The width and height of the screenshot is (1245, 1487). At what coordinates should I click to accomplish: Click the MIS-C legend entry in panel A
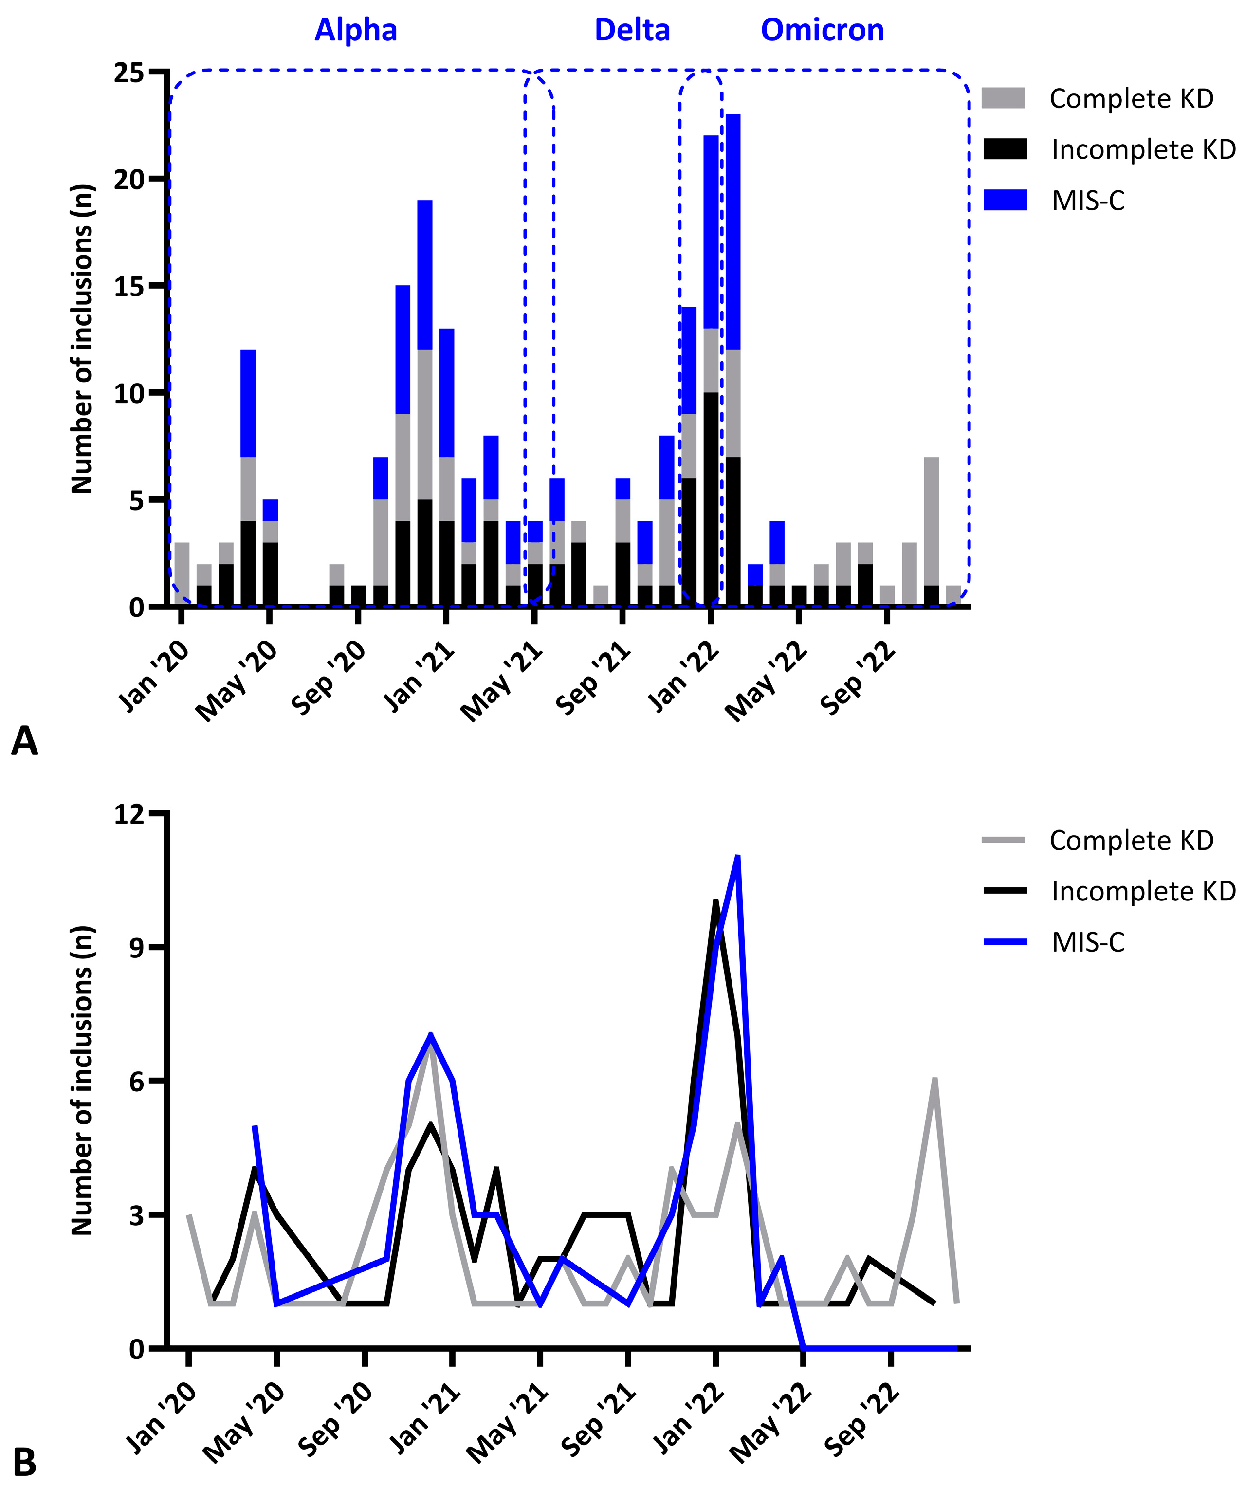[1087, 201]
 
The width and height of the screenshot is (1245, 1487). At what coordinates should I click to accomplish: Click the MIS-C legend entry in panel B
[1087, 942]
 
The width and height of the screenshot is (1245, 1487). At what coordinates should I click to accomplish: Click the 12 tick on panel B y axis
[129, 815]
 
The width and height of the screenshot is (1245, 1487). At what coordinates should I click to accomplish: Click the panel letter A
[25, 741]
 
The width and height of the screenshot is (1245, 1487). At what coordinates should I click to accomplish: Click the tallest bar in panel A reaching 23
[733, 354]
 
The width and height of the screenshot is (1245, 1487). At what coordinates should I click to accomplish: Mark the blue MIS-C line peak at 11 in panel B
[738, 858]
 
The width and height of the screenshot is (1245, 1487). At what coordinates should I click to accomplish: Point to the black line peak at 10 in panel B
[716, 902]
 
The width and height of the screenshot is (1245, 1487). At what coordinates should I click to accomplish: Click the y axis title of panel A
[82, 338]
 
